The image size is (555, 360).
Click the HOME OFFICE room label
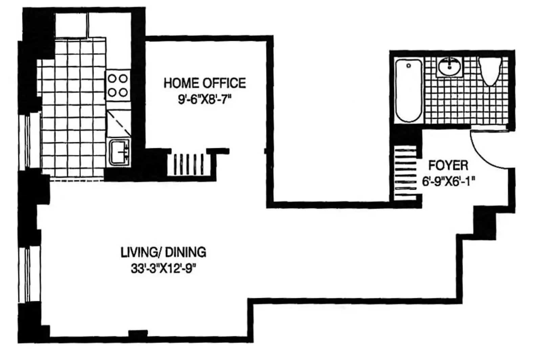[204, 83]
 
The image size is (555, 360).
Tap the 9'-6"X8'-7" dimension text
[204, 100]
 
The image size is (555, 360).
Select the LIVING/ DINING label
[163, 252]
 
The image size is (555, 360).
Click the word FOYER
[448, 165]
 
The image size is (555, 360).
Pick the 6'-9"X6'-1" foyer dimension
[448, 182]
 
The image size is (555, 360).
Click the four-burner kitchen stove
[118, 86]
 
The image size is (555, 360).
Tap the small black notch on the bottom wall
[138, 334]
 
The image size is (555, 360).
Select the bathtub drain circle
[408, 66]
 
